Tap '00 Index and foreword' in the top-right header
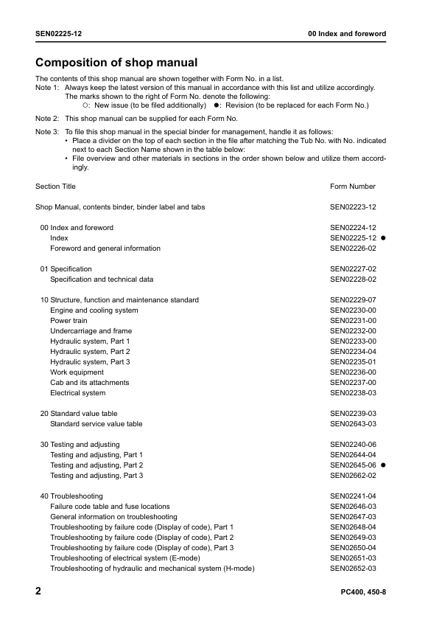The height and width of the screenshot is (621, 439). tap(346, 34)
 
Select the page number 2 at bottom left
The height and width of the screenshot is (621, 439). tap(39, 592)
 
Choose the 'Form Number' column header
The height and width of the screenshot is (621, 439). tap(353, 187)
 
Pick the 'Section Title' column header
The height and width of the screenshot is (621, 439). tap(55, 187)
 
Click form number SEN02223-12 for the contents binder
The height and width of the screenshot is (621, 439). tap(354, 207)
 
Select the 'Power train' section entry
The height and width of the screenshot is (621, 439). tap(69, 321)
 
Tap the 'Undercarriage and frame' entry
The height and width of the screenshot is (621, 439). tap(91, 331)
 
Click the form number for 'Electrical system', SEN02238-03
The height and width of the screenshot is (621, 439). tap(354, 393)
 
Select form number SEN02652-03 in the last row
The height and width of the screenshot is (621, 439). tap(354, 569)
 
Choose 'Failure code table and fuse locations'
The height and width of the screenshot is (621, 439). tap(110, 507)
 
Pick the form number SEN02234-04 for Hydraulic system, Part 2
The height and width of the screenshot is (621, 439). tap(354, 352)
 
